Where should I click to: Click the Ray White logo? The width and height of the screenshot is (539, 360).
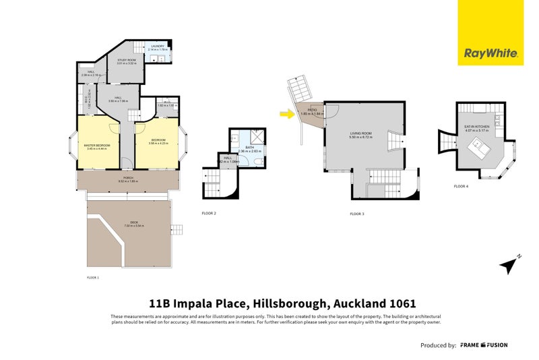click(490, 53)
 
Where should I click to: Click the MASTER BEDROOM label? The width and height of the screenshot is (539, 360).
click(97, 146)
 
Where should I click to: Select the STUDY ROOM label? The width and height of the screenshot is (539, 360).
click(127, 61)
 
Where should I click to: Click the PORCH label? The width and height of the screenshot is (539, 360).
click(127, 179)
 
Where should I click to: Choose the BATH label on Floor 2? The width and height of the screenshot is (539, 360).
click(249, 147)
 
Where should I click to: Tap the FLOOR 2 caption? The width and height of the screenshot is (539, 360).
click(209, 212)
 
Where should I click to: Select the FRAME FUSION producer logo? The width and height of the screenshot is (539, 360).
click(484, 344)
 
